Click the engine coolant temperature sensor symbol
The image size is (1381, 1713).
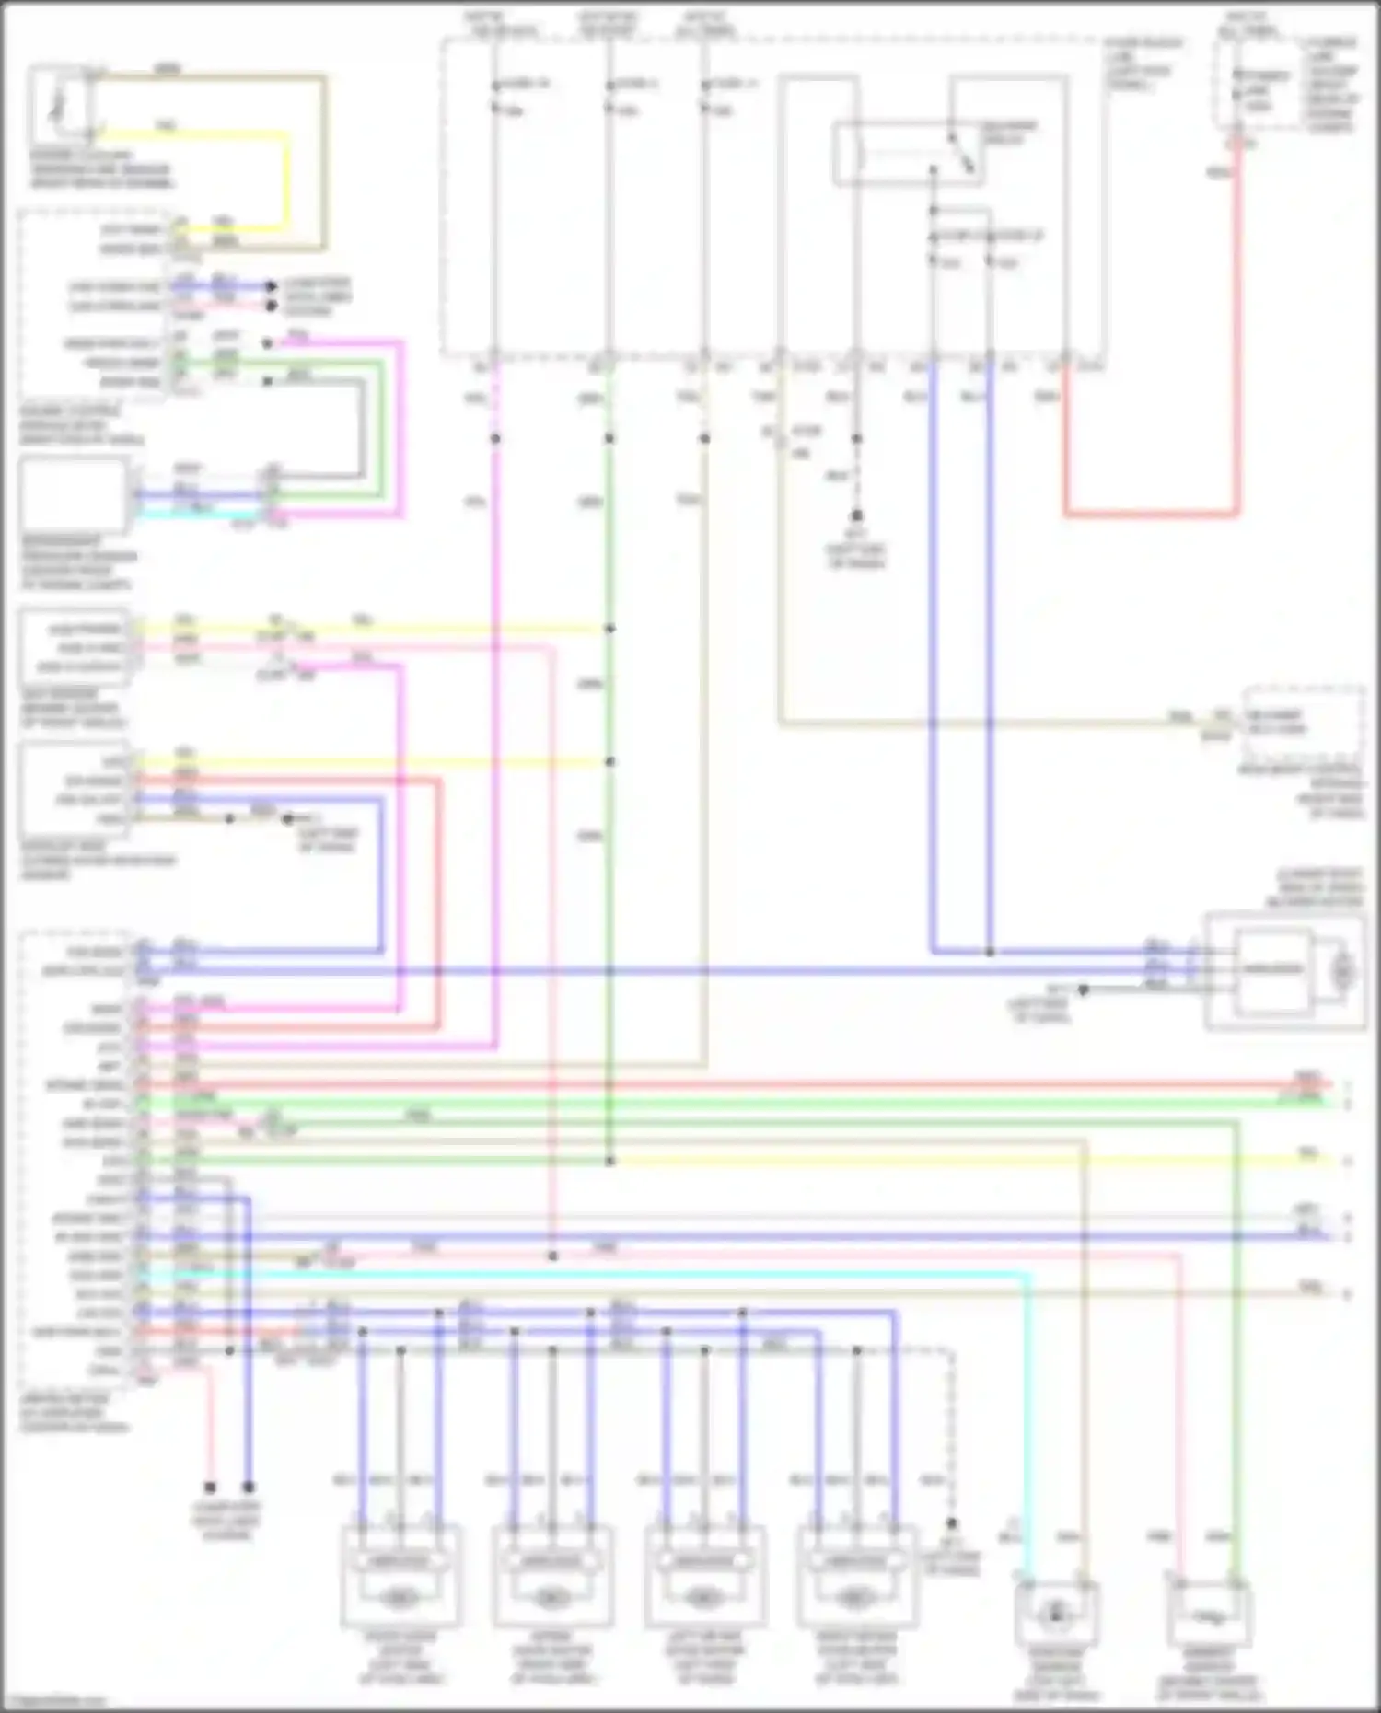[60, 104]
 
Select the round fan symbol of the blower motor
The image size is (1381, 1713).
[1343, 970]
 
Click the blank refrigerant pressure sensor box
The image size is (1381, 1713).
[74, 495]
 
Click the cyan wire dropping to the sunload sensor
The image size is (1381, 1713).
[1029, 1427]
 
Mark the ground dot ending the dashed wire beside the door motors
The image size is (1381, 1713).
[952, 1524]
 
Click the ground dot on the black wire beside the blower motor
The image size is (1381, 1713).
[1084, 990]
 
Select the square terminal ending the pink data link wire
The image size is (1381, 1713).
[210, 1487]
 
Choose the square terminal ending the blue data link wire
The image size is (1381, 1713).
[249, 1487]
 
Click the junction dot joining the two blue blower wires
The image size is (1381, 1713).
[990, 952]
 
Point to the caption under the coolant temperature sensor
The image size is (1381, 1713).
[100, 169]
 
